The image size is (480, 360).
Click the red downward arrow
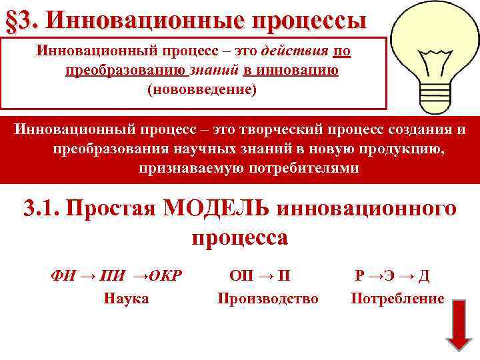[458, 325]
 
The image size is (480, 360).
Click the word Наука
[126, 298]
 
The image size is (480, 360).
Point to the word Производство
[267, 298]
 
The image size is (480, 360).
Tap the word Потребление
[397, 298]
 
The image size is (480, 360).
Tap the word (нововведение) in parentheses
[201, 89]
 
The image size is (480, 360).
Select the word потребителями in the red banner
[295, 168]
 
